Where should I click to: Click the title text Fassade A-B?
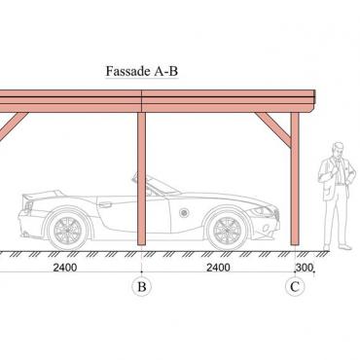tap(142, 71)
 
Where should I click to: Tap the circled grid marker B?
tap(141, 287)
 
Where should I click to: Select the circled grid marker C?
tap(295, 287)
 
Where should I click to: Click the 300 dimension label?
tap(305, 268)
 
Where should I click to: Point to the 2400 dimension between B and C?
tap(218, 268)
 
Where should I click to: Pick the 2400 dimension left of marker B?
tap(65, 268)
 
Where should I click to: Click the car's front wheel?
tap(227, 229)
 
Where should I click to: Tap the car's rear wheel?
tap(68, 229)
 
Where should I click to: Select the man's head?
tap(339, 150)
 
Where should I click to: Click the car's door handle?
tap(105, 204)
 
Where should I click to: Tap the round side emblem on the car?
tap(184, 213)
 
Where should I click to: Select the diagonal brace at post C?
tap(273, 129)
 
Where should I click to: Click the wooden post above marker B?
tap(141, 179)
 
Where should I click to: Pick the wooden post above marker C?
tap(295, 179)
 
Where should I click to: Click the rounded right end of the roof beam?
tap(312, 101)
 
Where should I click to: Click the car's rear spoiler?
tap(42, 195)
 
